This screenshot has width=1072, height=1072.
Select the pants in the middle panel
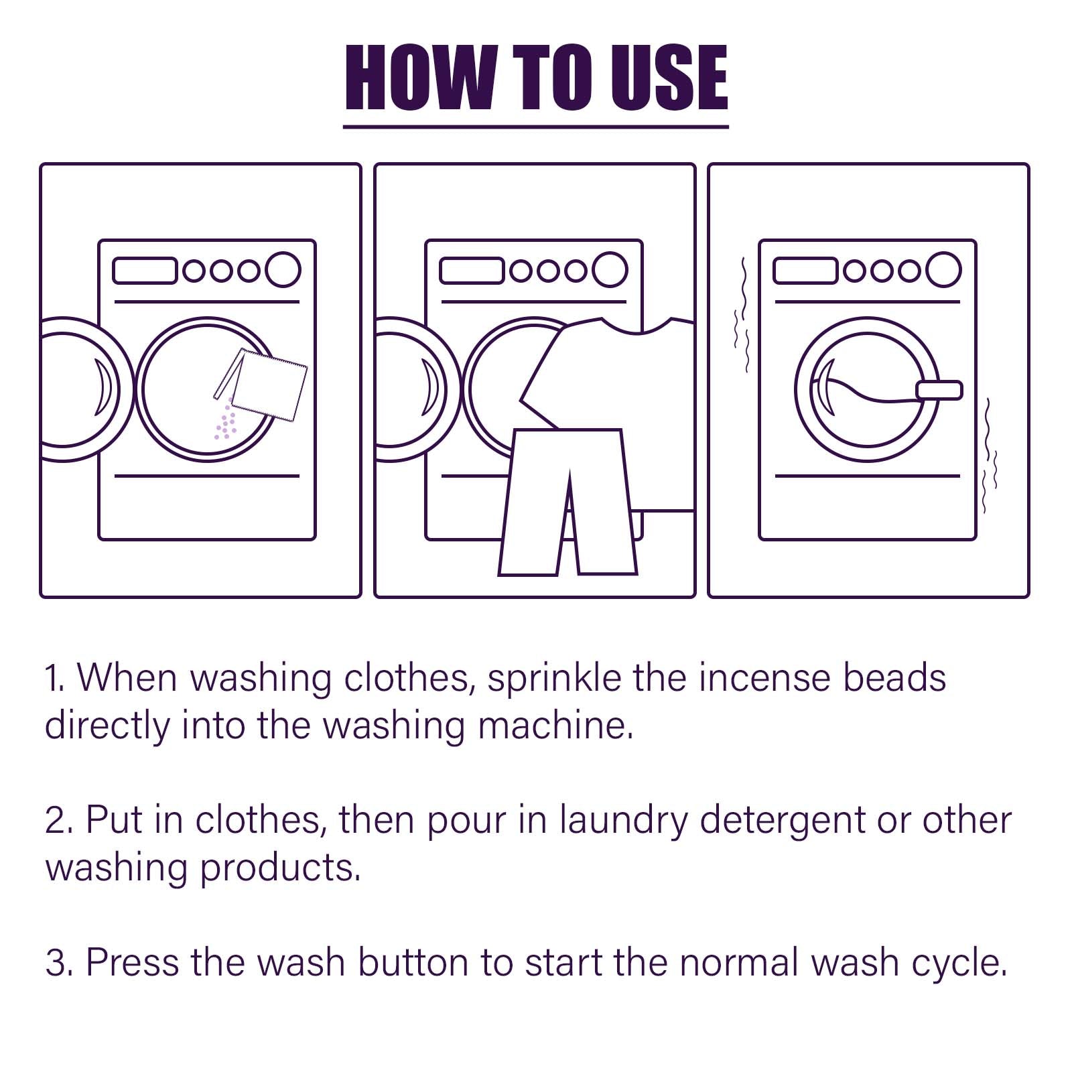568,502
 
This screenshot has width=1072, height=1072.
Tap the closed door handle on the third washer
939,390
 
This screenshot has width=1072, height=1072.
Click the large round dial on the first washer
283,269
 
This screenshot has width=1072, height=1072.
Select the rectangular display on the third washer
805,271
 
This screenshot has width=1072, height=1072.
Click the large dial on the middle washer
610,269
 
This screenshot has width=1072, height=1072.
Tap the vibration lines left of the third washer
741,315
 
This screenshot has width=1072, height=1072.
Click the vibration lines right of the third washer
990,456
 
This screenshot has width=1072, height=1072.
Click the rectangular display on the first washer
145,271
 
